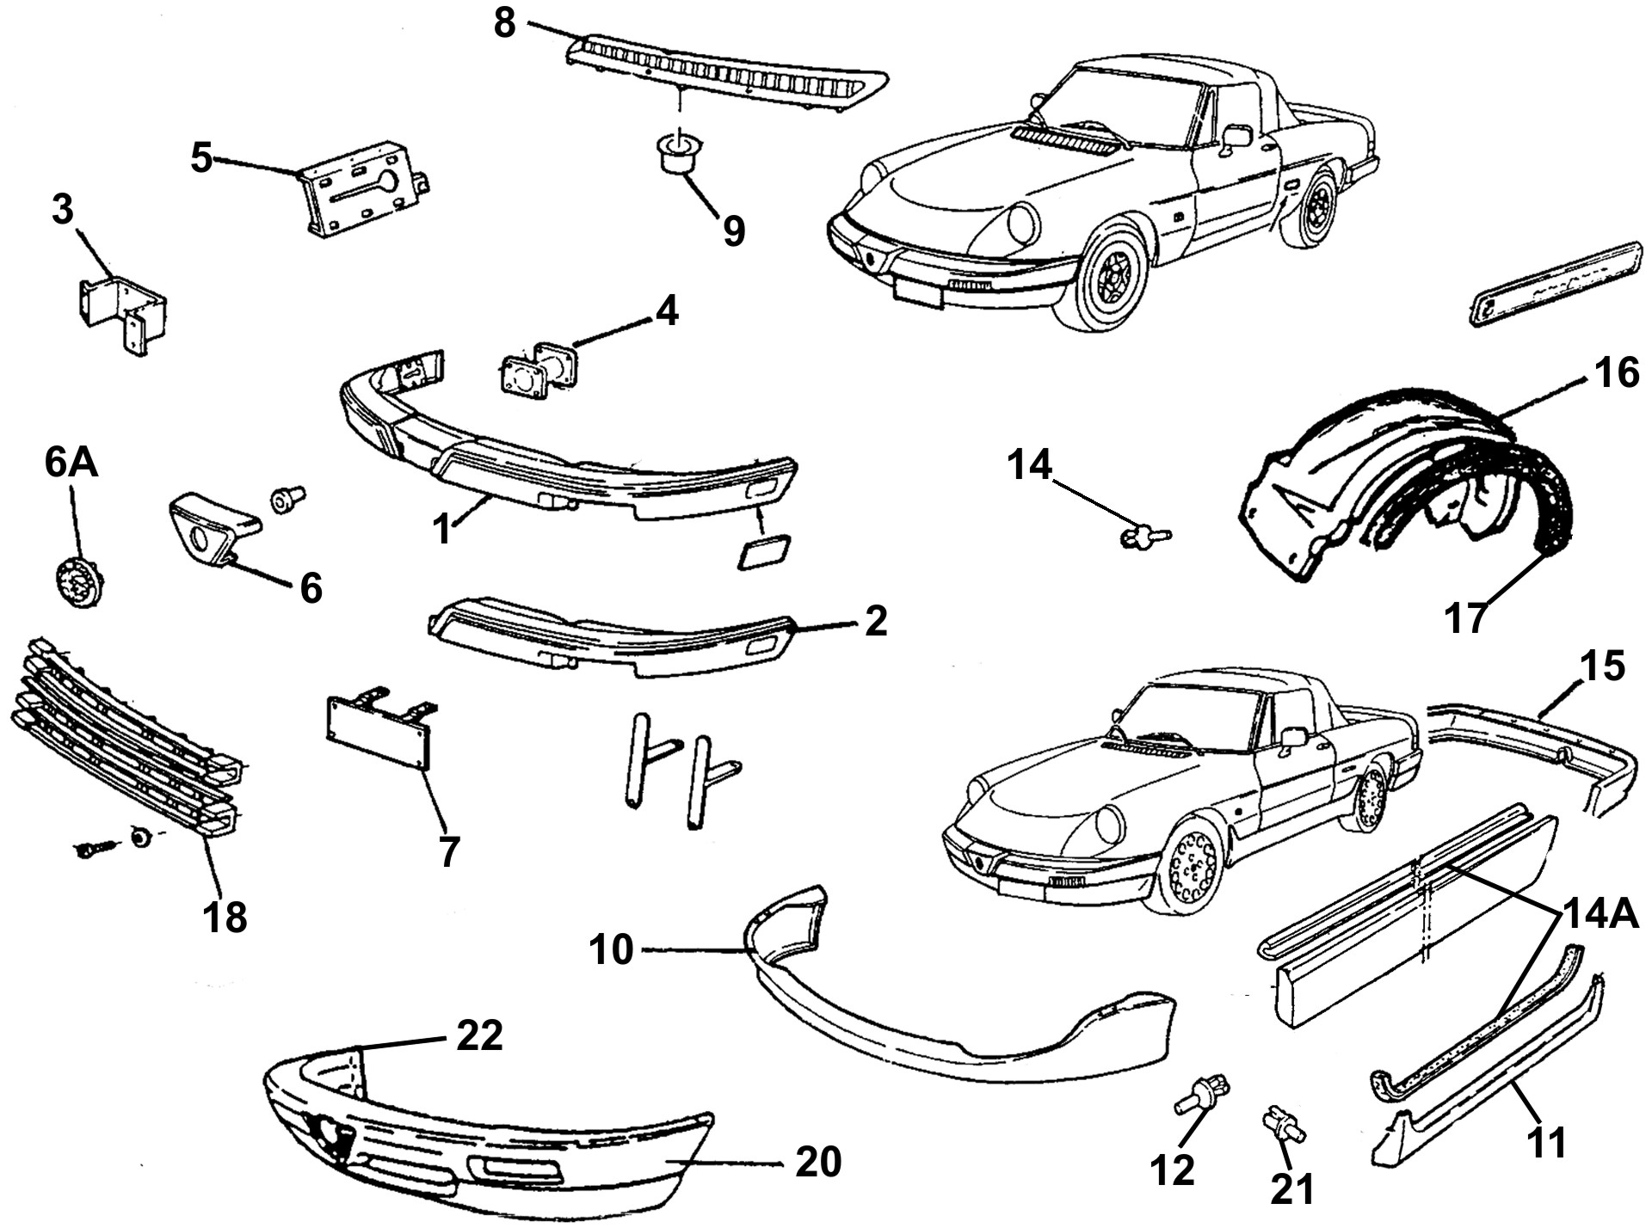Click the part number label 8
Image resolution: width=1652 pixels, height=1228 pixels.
click(505, 23)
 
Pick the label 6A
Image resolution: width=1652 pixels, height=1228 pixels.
click(71, 464)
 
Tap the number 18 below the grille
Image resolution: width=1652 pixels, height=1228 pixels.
click(225, 917)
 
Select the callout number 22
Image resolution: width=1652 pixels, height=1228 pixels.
click(479, 1036)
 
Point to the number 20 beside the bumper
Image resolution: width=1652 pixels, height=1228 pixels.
click(817, 1162)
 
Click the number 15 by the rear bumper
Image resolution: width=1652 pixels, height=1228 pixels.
click(1601, 667)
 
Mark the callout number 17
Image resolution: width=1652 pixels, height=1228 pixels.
click(1466, 617)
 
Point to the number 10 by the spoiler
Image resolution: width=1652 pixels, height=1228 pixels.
click(612, 951)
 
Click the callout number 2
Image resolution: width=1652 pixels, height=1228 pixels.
click(875, 621)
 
